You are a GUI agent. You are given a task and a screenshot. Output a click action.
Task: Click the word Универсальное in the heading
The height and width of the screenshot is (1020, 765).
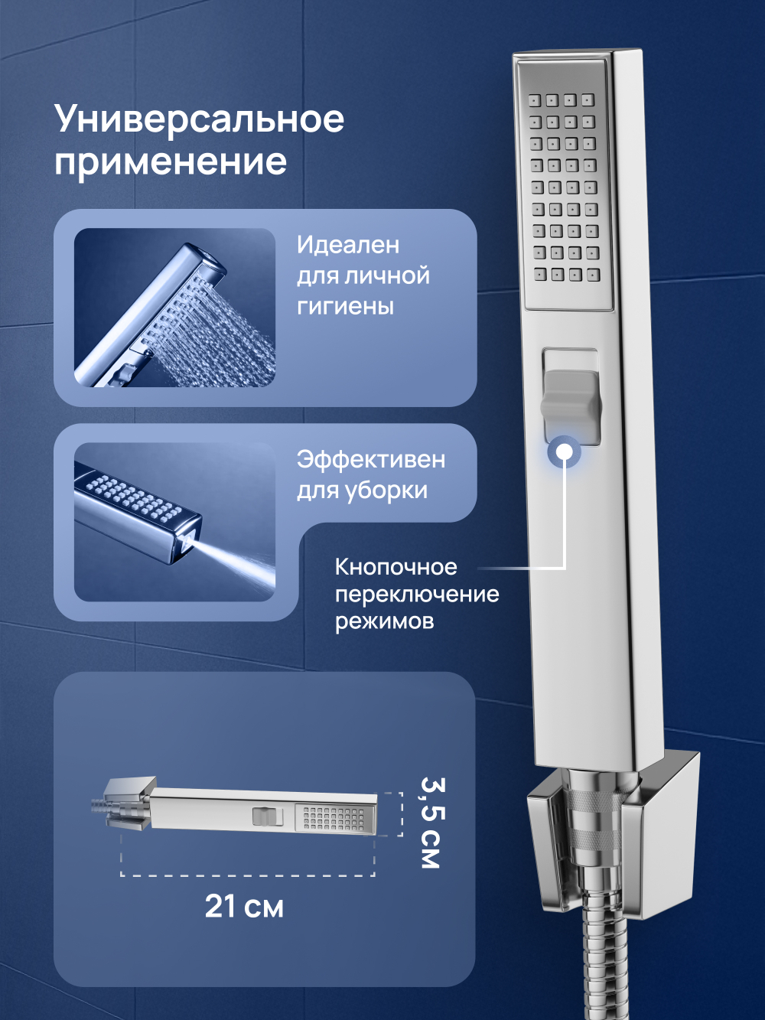199,120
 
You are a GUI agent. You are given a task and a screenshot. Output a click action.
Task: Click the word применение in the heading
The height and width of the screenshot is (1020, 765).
170,162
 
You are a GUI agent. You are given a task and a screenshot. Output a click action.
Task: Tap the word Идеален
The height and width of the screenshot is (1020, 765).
348,245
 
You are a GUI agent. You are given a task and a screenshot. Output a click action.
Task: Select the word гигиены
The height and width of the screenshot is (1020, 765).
345,306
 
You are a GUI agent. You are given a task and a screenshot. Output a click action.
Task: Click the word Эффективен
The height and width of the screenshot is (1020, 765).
371,459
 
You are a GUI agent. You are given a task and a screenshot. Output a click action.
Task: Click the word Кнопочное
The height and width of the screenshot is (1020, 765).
396,567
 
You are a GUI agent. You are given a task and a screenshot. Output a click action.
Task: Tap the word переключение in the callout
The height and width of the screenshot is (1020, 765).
417,594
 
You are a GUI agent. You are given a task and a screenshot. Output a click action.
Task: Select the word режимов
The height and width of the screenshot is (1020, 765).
384,621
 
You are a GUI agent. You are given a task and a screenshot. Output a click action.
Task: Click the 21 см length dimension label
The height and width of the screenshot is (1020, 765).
244,907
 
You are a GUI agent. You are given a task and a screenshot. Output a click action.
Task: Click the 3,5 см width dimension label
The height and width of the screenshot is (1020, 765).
431,823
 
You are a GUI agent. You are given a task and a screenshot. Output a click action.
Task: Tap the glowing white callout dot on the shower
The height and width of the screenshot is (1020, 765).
565,451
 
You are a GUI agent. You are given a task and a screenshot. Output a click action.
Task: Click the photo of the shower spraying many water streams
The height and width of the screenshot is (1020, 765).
174,308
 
